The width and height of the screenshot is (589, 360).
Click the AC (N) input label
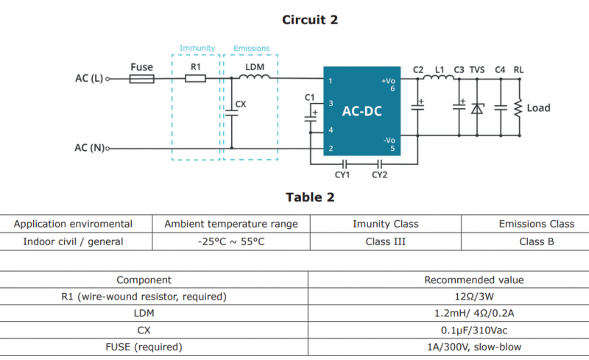click(89, 148)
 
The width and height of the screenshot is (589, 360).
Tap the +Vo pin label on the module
click(388, 80)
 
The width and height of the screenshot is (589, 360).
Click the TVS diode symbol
click(477, 108)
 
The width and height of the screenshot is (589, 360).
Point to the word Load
click(538, 108)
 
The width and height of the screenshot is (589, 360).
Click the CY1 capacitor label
click(342, 174)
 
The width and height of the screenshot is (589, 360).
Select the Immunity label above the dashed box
click(197, 49)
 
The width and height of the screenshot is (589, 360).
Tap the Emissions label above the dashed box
click(251, 49)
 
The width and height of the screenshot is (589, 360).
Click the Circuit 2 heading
click(310, 20)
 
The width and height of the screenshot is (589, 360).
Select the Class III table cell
click(385, 241)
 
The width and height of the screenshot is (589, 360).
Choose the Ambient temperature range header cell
click(231, 224)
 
